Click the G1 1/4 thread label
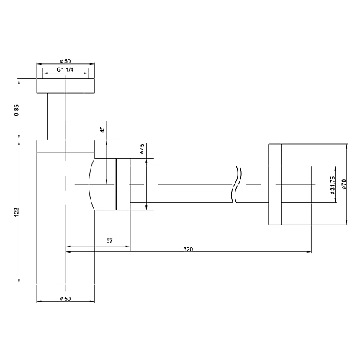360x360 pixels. click(x=66, y=71)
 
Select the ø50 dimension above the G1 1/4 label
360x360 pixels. click(x=66, y=60)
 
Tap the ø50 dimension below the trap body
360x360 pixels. click(x=66, y=298)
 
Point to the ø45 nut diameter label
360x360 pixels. click(x=143, y=149)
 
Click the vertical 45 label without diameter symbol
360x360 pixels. click(x=102, y=130)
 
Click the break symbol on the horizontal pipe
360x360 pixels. click(x=237, y=186)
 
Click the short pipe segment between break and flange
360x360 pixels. click(x=253, y=186)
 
